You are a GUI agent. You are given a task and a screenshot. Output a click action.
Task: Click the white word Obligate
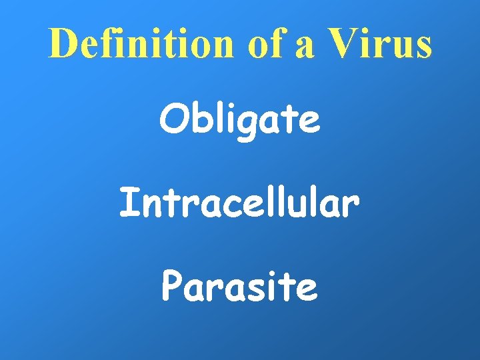[x=239, y=121]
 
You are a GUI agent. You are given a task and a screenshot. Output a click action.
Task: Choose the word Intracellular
[x=239, y=203]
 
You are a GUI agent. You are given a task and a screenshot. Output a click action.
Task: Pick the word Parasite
[x=239, y=287]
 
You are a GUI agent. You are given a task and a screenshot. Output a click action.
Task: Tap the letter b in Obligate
[x=197, y=120]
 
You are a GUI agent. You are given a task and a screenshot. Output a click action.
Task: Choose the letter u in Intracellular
[x=297, y=207]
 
